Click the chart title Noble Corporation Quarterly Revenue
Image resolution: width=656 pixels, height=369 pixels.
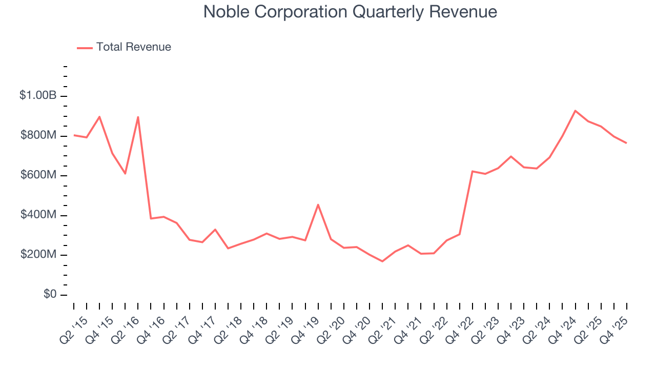point(350,12)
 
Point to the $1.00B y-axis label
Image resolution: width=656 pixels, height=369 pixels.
point(37,96)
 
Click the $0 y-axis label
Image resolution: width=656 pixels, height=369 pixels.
point(49,295)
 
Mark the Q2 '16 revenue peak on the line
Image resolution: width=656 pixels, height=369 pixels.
point(138,117)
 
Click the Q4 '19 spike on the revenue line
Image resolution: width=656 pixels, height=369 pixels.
point(318,204)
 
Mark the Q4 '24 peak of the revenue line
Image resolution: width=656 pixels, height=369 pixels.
point(575,111)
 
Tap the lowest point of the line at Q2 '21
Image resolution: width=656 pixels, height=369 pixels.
point(382,261)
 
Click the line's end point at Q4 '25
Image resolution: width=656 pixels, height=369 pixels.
point(626,143)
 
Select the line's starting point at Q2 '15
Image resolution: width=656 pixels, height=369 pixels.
point(74,135)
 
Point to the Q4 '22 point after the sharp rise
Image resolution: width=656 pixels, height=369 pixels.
point(472,171)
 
